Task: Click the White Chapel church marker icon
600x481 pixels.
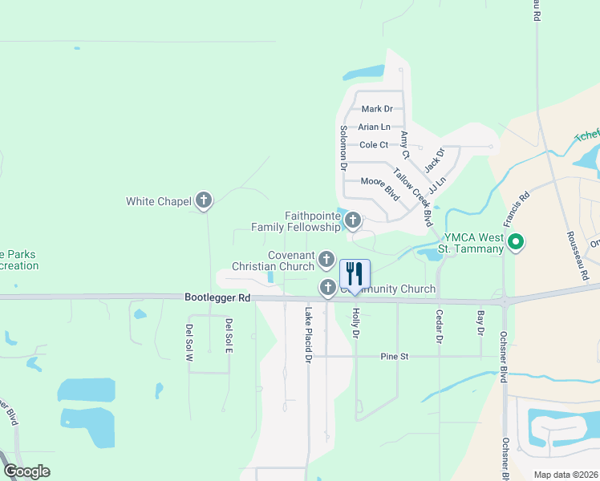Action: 204,200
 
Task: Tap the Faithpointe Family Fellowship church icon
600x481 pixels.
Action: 351,219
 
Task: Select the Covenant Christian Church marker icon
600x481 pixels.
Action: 326,259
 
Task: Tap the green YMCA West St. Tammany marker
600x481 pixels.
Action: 517,240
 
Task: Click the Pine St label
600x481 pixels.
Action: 395,355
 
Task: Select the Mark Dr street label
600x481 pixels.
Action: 377,109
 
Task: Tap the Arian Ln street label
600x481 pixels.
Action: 374,127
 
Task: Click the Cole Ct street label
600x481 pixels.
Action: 374,145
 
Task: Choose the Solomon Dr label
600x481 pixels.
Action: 343,149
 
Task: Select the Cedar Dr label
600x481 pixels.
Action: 440,327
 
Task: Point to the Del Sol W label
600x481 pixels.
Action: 190,343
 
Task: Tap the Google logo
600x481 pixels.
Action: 27,471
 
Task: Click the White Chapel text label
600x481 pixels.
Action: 159,201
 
